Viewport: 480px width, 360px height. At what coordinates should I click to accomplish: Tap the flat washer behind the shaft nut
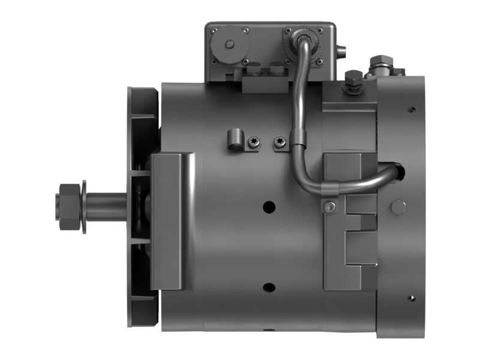(84, 207)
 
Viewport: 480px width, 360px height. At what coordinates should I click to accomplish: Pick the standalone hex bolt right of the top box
(354, 78)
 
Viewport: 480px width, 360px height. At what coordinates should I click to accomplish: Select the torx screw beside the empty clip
(253, 142)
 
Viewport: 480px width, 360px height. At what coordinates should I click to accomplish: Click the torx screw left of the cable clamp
(279, 142)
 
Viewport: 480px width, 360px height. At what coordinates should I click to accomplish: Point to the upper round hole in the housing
(269, 206)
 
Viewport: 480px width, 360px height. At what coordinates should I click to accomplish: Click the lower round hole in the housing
(269, 287)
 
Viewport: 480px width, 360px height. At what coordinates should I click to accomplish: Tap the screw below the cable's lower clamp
(329, 207)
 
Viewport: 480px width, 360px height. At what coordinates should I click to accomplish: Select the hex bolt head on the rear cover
(398, 207)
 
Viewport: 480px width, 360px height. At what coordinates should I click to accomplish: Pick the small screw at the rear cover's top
(411, 110)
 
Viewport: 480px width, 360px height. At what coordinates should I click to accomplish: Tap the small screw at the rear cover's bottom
(411, 298)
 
